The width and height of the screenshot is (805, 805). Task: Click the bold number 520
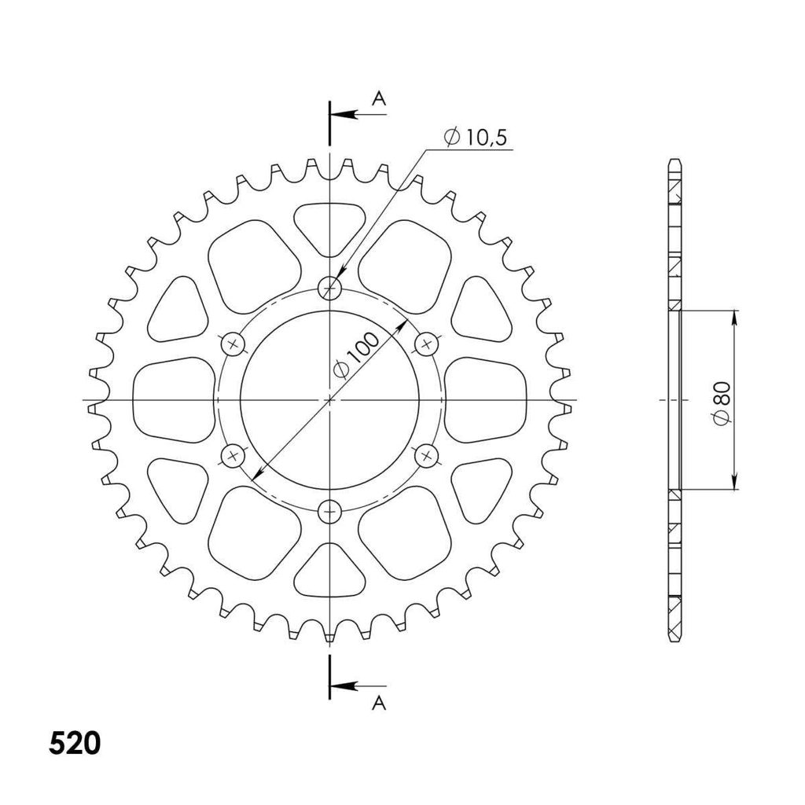75,743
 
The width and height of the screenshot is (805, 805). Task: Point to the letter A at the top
379,98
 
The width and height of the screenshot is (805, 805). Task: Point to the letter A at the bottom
379,703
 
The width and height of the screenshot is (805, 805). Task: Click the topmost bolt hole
329,288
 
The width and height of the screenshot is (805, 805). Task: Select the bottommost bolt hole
329,511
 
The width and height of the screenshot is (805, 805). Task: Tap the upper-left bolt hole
233,344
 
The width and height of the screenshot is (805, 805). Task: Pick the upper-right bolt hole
426,344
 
